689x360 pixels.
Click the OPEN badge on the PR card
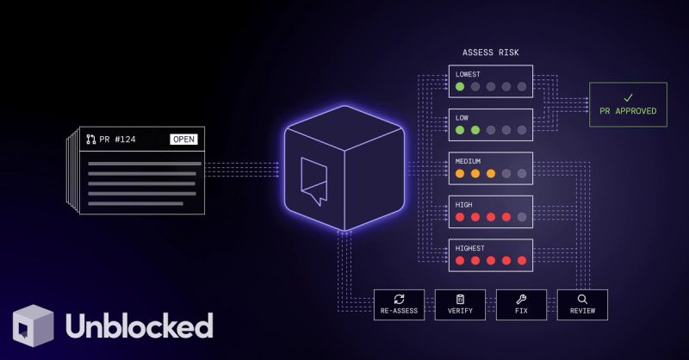coord(183,140)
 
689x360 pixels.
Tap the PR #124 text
coord(117,140)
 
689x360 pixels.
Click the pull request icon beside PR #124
coord(91,140)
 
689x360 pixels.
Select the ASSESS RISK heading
coord(490,53)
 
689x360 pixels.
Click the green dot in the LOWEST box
coord(460,87)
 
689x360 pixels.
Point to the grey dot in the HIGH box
coord(522,217)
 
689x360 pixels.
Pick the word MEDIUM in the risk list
coord(468,161)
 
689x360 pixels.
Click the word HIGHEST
coord(469,248)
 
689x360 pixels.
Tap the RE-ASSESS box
coord(399,305)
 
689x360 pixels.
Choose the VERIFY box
coord(460,305)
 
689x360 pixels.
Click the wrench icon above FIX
coord(521,300)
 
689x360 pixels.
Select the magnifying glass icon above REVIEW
coord(582,300)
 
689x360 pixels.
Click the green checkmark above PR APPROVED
coord(629,97)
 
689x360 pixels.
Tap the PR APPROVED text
coord(628,111)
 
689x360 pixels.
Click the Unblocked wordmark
coord(140,326)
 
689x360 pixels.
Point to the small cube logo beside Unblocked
coord(34,326)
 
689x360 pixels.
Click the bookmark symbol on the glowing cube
coord(313,181)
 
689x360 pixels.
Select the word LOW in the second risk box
coord(462,118)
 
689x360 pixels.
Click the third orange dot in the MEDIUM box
coord(491,174)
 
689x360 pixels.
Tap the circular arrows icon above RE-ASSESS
coord(399,300)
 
